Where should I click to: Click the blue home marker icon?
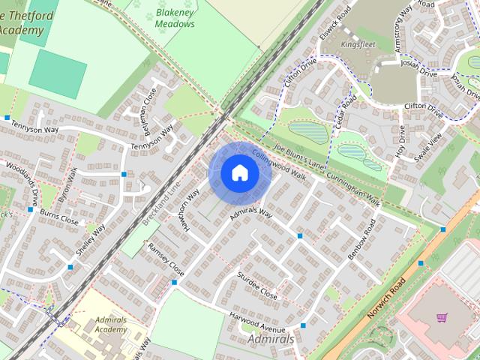coord(238,172)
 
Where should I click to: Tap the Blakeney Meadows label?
coord(175,19)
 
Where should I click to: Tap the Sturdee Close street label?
coord(257,286)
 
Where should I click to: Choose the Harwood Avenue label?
coord(257,322)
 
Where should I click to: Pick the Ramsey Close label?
coord(166,257)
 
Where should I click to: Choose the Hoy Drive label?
coord(400,141)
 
